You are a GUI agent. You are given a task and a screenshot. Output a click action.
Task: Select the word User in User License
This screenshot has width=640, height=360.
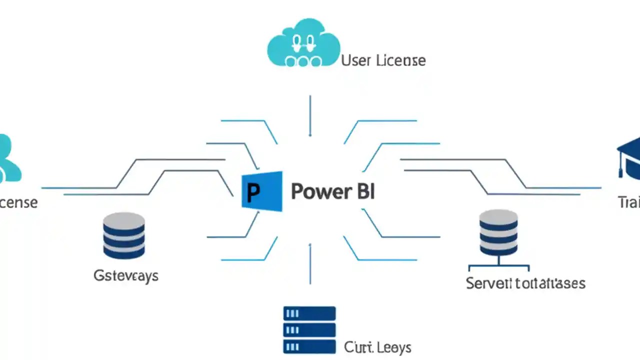tap(355, 60)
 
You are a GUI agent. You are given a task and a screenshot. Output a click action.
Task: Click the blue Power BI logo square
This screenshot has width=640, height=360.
tap(262, 191)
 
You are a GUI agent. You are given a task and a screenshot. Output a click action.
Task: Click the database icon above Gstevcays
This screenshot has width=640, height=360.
tap(123, 235)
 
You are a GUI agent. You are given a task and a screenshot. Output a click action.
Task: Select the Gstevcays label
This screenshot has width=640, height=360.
tap(126, 275)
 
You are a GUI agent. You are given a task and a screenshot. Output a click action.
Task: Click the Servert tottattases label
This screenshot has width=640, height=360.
tap(525, 283)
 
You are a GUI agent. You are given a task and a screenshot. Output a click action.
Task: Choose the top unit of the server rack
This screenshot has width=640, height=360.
tap(309, 313)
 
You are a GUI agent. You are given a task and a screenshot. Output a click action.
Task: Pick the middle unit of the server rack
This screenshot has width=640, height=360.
tap(309, 330)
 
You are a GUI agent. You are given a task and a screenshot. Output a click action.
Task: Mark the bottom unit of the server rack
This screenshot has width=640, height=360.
tap(309, 346)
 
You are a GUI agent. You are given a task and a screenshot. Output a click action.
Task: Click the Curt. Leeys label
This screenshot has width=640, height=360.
tap(377, 346)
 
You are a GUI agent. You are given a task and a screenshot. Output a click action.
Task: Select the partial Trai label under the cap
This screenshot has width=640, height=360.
tap(629, 202)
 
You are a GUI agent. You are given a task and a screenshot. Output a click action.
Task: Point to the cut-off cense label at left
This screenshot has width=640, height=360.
tap(18, 202)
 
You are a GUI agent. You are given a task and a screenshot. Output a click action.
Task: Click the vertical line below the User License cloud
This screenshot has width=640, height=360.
tap(310, 115)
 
